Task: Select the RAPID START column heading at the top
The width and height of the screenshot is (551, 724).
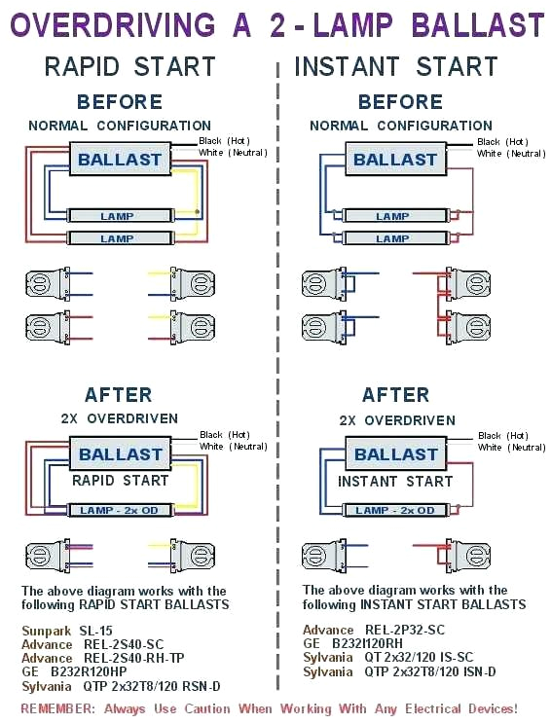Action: tap(129, 67)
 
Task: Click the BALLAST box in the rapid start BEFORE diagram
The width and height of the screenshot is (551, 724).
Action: tap(121, 160)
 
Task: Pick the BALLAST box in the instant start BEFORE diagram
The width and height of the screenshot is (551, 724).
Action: tap(394, 160)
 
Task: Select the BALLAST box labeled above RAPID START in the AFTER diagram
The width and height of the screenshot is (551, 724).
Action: tap(121, 454)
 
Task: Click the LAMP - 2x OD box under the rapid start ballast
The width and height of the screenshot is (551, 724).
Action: tap(118, 510)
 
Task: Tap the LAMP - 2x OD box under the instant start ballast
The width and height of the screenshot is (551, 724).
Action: tap(394, 510)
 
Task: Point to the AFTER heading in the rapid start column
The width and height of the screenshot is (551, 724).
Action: tap(118, 395)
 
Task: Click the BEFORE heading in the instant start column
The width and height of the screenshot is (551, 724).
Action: tap(400, 102)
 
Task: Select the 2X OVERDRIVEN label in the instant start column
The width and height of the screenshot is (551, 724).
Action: tap(396, 420)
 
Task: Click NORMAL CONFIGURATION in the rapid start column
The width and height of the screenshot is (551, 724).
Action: tap(119, 126)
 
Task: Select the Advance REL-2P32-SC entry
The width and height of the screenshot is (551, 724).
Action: tap(373, 631)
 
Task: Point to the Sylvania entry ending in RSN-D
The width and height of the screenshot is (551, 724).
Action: tap(121, 685)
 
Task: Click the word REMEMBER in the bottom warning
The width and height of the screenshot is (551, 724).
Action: tap(58, 708)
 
